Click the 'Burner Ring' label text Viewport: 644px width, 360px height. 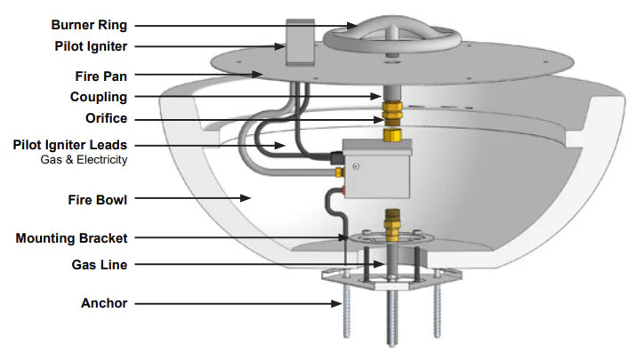[x=89, y=25]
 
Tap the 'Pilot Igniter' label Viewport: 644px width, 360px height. [x=91, y=46]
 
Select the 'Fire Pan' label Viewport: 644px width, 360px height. [x=101, y=76]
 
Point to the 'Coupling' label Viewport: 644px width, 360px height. [x=99, y=97]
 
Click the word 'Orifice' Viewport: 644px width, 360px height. [x=107, y=118]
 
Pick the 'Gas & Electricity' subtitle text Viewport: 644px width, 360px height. [x=84, y=159]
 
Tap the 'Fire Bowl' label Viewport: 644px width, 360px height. [x=98, y=200]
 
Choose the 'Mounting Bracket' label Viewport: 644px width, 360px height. [x=71, y=238]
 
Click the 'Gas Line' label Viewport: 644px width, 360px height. [x=100, y=265]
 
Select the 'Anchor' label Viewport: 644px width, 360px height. [x=104, y=303]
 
